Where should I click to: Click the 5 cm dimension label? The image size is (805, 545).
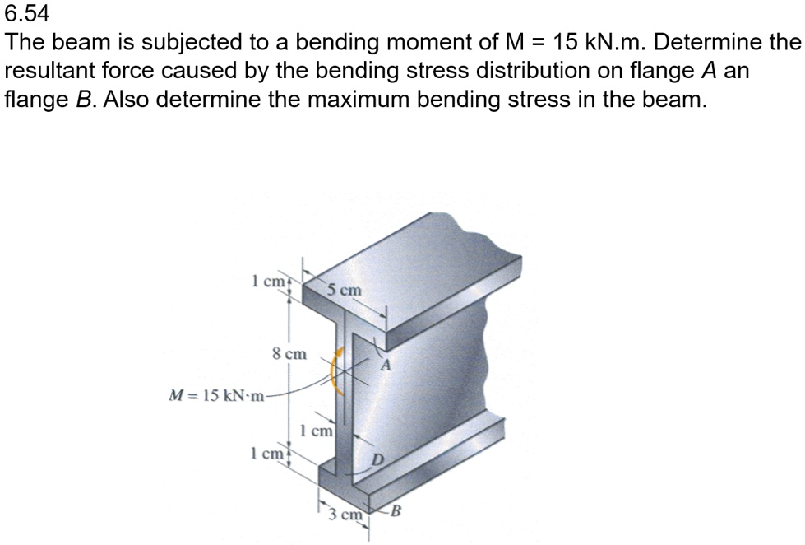343,290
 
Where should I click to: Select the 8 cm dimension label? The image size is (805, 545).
289,354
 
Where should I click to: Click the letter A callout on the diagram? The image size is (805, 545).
384,367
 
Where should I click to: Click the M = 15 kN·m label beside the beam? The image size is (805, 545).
216,394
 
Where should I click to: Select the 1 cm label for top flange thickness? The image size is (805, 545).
268,281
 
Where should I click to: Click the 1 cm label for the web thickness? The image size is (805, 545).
317,430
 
